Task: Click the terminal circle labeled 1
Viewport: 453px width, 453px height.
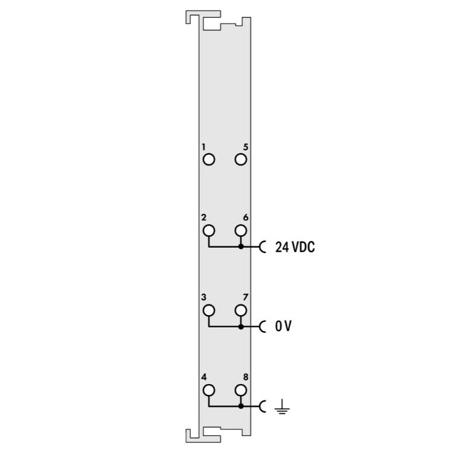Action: pyautogui.click(x=209, y=159)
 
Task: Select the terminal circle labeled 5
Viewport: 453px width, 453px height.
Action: pyautogui.click(x=240, y=159)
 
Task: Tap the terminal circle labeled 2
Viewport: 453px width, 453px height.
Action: pyautogui.click(x=209, y=231)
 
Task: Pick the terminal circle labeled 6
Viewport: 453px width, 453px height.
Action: pyautogui.click(x=240, y=231)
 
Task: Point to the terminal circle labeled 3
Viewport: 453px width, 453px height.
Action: pyautogui.click(x=209, y=310)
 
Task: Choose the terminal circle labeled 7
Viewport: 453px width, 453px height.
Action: pyautogui.click(x=240, y=310)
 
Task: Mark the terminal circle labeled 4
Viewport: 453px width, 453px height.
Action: pyautogui.click(x=209, y=390)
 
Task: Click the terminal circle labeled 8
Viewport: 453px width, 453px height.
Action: pyautogui.click(x=240, y=390)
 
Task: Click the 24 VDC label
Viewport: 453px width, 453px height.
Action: pyautogui.click(x=295, y=247)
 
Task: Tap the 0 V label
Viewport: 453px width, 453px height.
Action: pyautogui.click(x=283, y=326)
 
